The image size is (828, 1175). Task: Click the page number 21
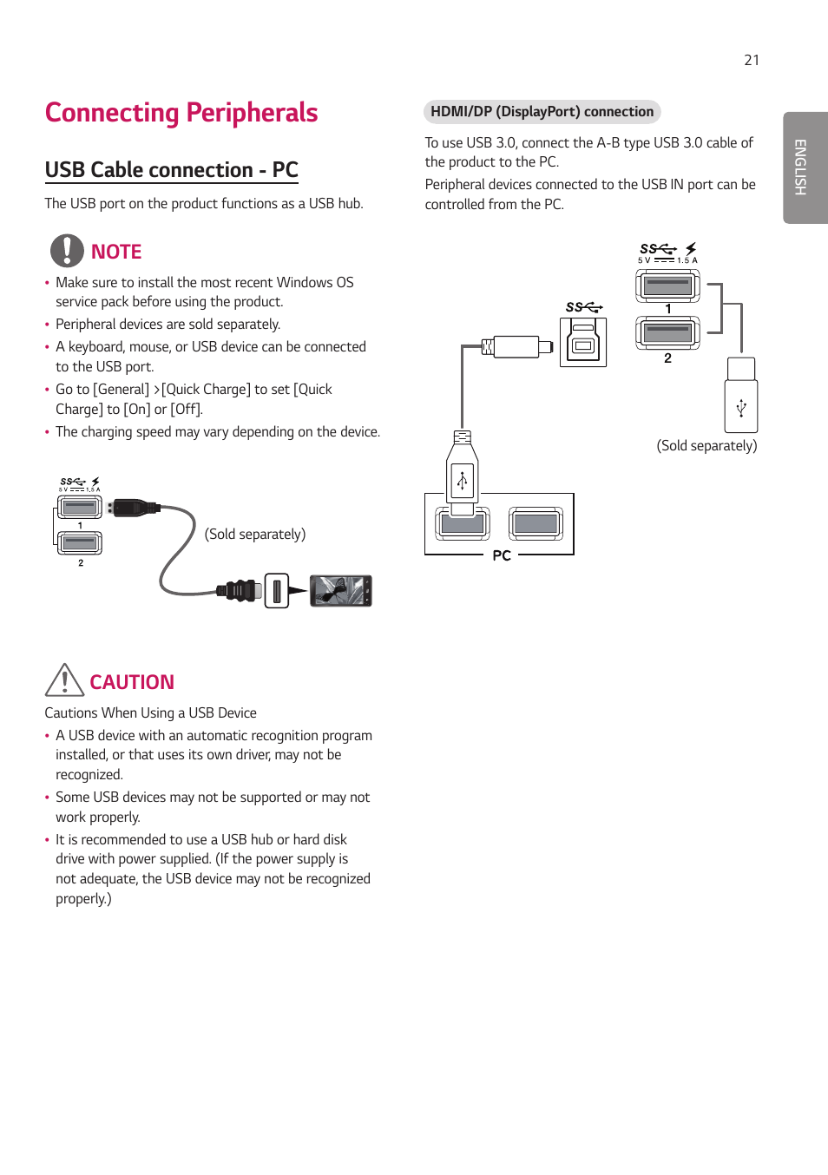752,60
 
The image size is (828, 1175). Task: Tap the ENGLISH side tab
801,167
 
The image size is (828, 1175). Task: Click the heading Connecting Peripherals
181,113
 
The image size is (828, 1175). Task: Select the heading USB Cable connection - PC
171,170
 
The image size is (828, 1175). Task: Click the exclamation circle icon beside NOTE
67,251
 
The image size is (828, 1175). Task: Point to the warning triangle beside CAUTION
64,680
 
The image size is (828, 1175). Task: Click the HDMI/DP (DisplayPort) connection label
542,112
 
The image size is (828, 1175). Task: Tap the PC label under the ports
502,555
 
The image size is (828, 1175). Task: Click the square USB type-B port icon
583,343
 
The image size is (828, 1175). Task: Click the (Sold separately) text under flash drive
706,445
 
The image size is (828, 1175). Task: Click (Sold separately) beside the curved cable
255,534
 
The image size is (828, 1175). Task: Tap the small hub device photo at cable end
341,591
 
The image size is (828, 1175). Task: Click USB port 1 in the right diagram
667,284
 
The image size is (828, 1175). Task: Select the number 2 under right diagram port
667,358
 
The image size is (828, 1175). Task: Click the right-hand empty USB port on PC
536,523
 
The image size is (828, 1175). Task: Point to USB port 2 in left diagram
80,543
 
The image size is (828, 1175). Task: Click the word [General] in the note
122,390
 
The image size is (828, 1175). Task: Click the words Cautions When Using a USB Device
151,713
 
